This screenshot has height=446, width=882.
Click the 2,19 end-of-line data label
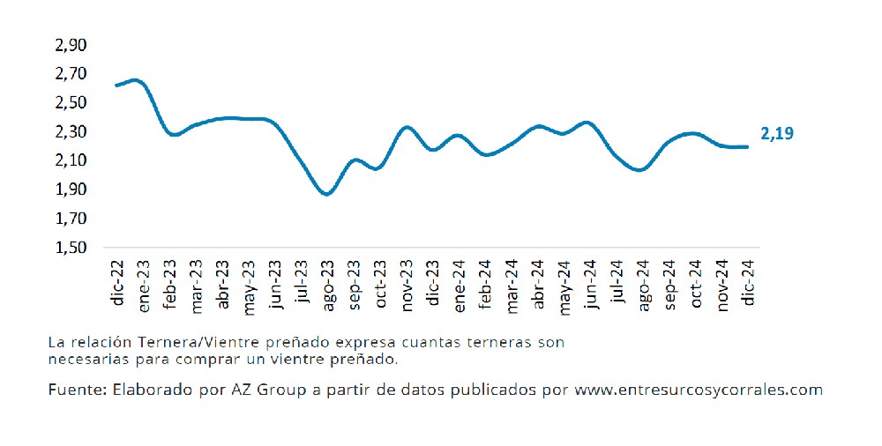coord(777,133)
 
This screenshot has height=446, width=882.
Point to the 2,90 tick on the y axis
coord(71,45)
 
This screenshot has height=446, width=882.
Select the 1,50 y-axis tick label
coord(71,248)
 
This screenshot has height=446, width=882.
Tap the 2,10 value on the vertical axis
coord(71,160)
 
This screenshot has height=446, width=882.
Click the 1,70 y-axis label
coord(71,219)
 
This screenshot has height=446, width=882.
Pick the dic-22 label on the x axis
coord(117,282)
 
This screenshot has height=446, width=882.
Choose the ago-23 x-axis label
coord(327,285)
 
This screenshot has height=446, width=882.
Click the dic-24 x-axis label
coord(748,282)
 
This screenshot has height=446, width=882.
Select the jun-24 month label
coord(590,284)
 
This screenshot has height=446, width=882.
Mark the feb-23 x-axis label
coord(170,284)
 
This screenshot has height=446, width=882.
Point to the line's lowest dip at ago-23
coord(326,195)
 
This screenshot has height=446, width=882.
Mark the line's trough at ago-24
coord(640,170)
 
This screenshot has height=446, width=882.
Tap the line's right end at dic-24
coord(747,147)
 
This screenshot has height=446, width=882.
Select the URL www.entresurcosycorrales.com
coord(698,390)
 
